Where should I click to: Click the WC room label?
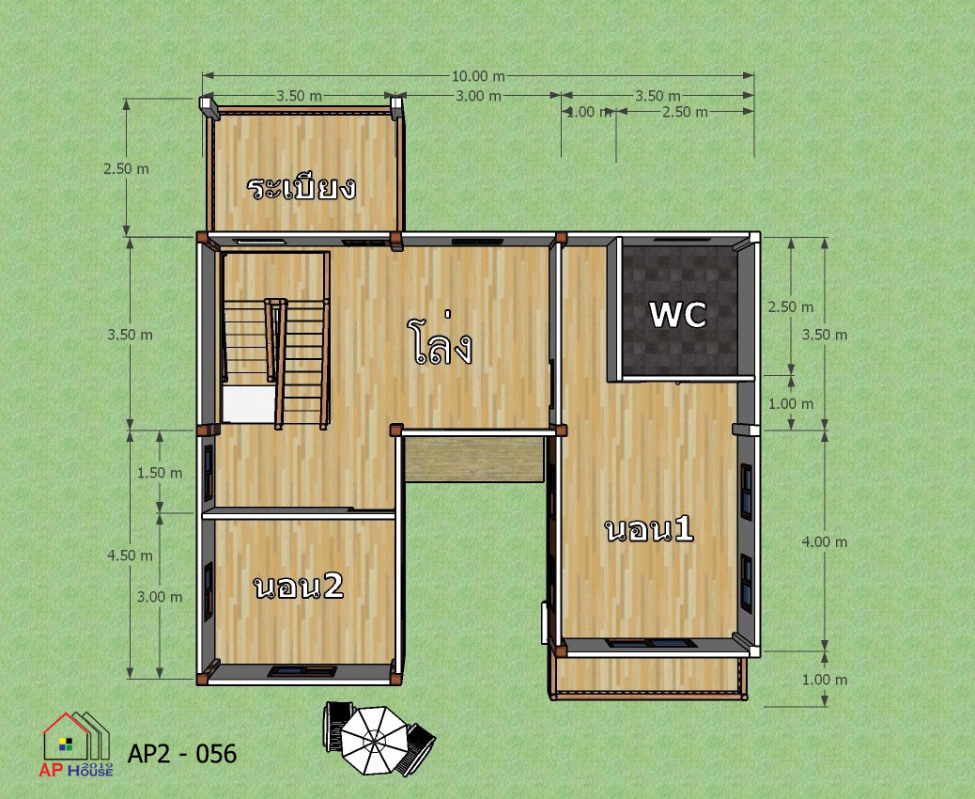pos(678,314)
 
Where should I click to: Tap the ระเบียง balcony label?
pos(302,188)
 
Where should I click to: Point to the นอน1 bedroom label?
pos(649,530)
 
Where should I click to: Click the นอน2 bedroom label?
pos(299,587)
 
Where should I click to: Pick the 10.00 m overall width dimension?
pos(478,76)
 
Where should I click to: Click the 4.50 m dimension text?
pos(130,555)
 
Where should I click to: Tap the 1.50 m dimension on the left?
pos(160,473)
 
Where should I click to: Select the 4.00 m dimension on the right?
pos(825,542)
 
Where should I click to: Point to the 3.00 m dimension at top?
pos(478,96)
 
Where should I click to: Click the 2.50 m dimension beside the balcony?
pos(126,168)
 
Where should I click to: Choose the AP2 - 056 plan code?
pos(182,754)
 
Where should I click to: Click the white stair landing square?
pos(249,404)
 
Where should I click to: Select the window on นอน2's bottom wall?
pos(302,671)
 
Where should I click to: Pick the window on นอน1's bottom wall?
pos(650,643)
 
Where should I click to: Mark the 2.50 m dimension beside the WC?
pos(791,306)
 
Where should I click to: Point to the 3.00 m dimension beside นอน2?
pos(160,597)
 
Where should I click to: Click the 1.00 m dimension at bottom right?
pos(825,680)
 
